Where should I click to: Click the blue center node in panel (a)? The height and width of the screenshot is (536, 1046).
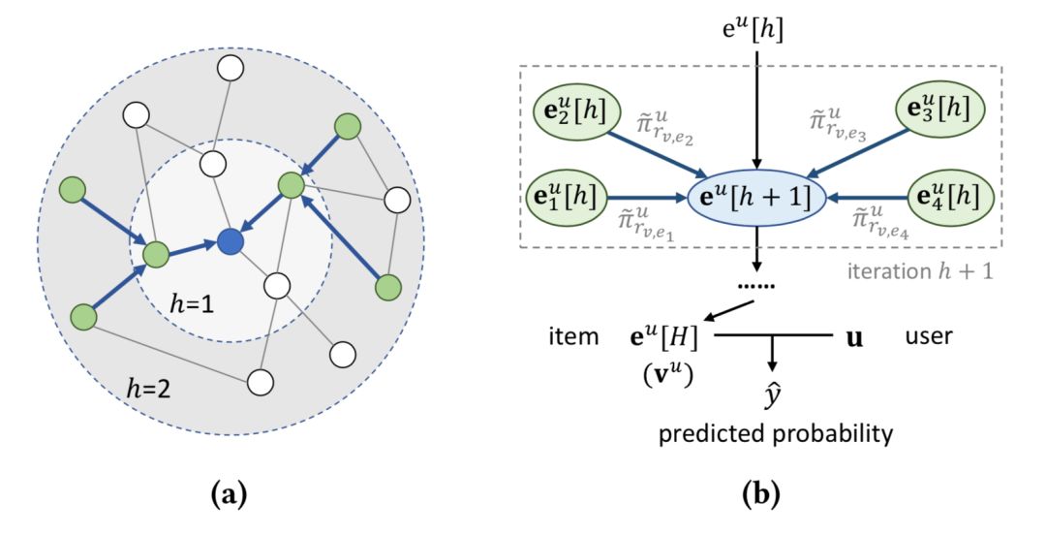(x=230, y=242)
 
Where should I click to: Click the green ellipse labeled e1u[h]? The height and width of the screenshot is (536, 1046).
(x=568, y=198)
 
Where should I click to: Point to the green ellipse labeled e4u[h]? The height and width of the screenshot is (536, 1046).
(x=948, y=198)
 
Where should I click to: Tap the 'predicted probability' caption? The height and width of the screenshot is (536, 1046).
(x=775, y=434)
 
